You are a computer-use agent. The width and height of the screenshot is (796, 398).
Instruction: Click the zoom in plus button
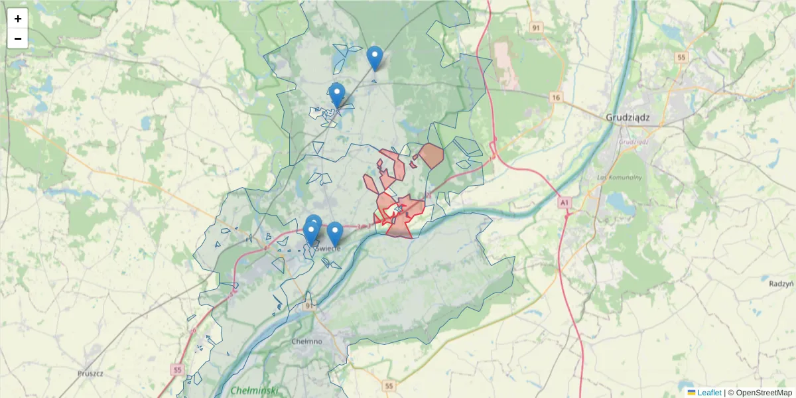pos(18,19)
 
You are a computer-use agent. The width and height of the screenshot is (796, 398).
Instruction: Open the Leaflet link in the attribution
pos(709,392)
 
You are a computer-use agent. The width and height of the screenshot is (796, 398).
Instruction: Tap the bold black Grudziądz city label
pos(628,117)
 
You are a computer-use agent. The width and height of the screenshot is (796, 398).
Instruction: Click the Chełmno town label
pos(306,341)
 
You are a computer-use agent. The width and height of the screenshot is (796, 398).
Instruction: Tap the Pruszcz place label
pos(90,373)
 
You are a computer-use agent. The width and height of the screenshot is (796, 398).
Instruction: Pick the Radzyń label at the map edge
pos(782,283)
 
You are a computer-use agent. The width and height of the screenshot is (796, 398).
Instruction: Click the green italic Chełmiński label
pos(255,390)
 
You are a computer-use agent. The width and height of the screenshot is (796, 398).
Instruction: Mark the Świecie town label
pos(328,247)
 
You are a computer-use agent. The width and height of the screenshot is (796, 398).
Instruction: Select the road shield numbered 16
pos(556,98)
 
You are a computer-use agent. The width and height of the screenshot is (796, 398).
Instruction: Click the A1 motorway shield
pos(564,201)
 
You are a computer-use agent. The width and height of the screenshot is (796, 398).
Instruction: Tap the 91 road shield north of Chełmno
pos(309,306)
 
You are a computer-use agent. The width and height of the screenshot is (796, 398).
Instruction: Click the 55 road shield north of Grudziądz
pos(681,58)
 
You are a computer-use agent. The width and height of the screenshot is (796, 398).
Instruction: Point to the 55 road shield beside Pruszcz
pos(176,369)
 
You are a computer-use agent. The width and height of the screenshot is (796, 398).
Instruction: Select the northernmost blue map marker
pos(375,57)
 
